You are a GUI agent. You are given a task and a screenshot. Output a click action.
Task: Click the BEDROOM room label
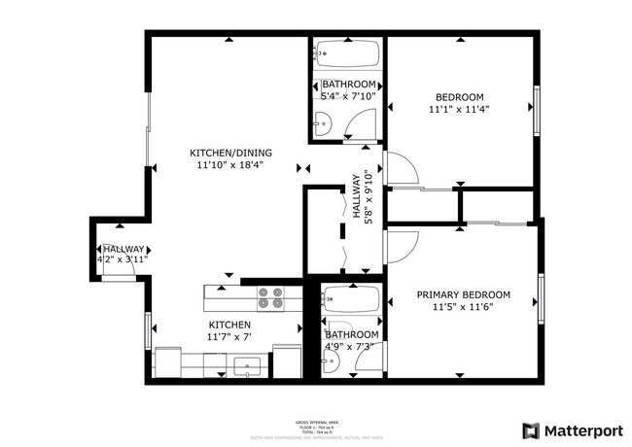click(459, 97)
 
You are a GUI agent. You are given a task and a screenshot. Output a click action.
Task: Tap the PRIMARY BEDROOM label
click(464, 294)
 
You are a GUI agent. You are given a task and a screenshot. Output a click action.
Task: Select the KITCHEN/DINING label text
click(230, 153)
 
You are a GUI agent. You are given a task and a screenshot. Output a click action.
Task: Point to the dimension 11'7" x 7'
click(228, 337)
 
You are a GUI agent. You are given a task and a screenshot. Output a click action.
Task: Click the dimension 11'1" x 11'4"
click(459, 110)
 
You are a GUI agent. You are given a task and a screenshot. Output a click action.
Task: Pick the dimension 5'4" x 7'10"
click(348, 96)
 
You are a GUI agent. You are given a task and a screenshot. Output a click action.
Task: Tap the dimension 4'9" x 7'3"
click(351, 347)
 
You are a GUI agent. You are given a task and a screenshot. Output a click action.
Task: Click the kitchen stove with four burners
click(270, 296)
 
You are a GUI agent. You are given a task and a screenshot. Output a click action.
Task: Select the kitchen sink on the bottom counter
click(248, 367)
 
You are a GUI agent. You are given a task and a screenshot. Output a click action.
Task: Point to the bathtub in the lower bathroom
click(352, 301)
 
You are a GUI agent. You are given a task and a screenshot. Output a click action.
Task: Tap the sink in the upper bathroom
click(324, 123)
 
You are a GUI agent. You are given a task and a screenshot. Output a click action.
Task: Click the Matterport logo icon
click(531, 430)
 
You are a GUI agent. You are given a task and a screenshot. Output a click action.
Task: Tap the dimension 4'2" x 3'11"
click(121, 260)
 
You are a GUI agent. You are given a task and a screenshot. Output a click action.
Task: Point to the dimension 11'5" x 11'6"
click(464, 307)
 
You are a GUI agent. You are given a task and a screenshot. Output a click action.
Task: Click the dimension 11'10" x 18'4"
click(230, 165)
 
